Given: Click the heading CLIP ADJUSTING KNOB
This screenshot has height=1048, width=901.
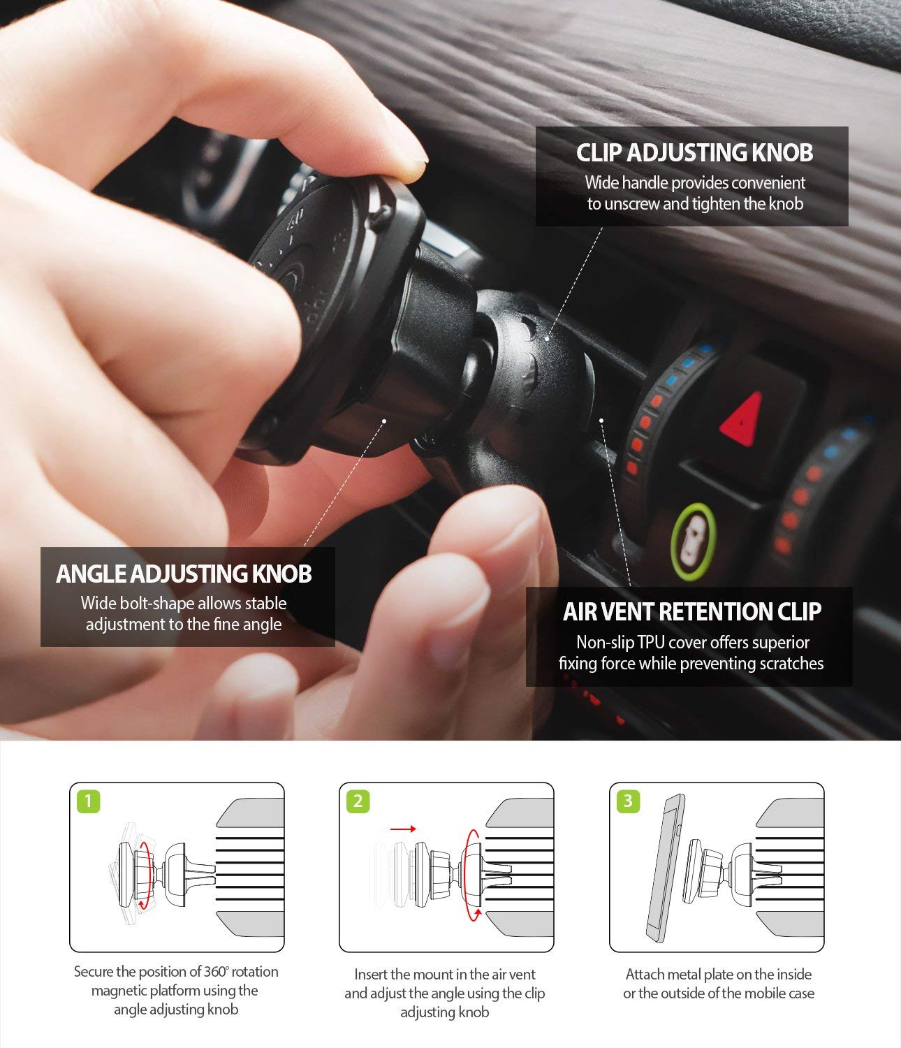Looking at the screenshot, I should [x=694, y=153].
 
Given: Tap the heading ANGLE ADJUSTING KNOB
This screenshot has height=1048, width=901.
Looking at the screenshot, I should [x=184, y=574].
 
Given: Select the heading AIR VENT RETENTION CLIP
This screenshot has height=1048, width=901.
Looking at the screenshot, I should [x=691, y=612].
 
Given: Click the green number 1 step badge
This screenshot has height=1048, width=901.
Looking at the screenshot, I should [x=88, y=801].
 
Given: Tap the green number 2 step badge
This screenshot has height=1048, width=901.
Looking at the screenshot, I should [x=358, y=801].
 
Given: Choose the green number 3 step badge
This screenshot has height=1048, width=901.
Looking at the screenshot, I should [x=628, y=801].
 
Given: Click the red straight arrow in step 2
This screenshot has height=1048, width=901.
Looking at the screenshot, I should [x=403, y=829].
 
